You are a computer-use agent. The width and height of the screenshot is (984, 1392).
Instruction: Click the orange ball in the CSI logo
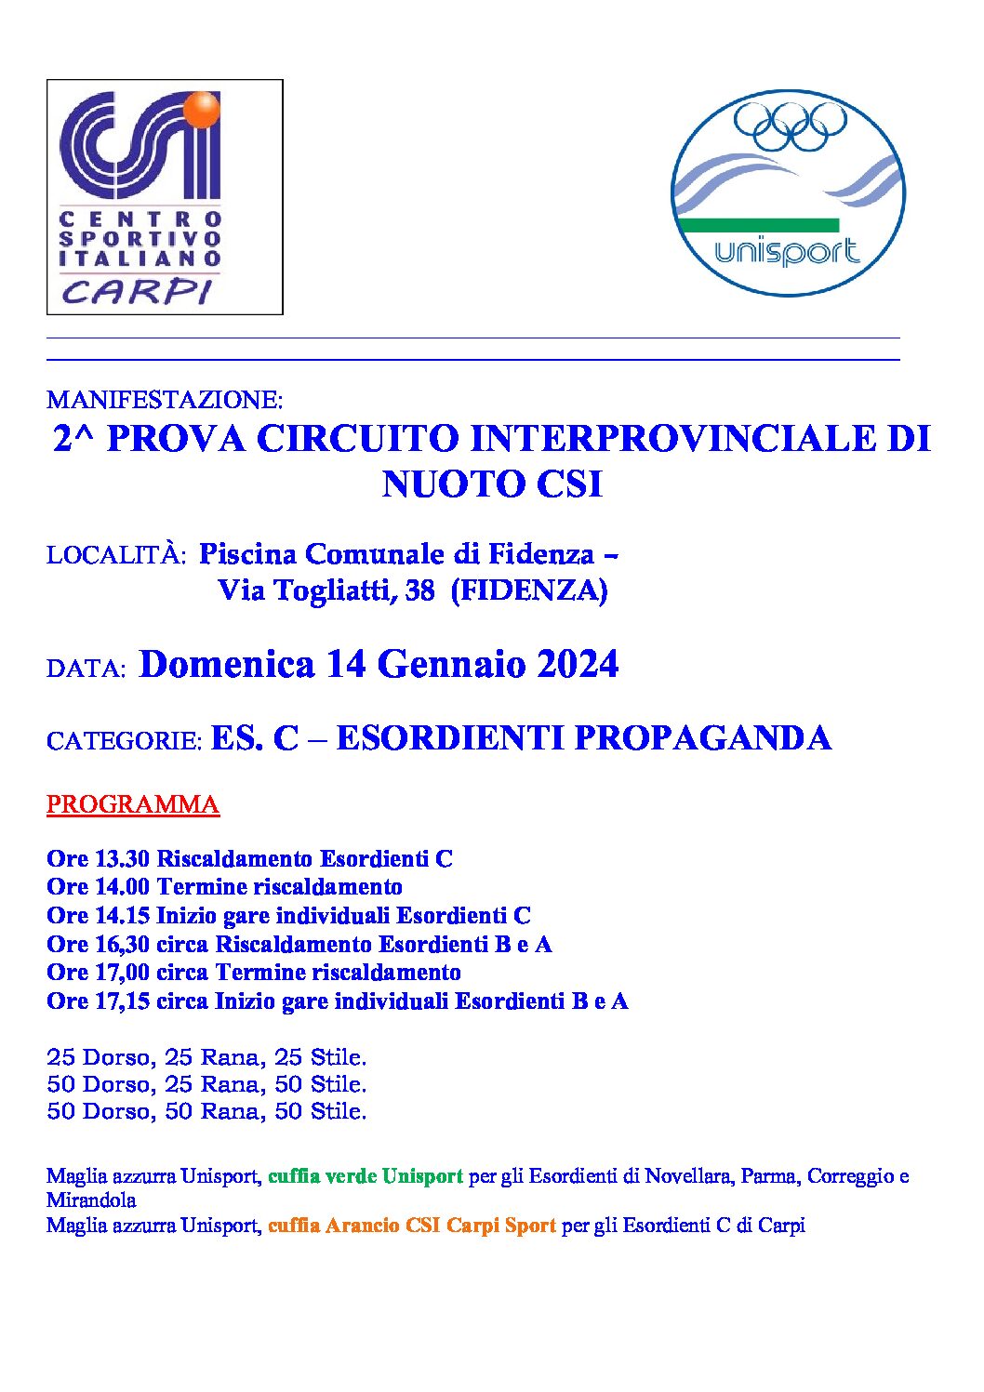coord(202,109)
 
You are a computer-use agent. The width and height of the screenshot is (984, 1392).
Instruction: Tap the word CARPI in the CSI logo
coord(137,291)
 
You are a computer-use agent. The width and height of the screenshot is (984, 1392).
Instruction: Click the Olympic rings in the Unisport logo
coord(791,126)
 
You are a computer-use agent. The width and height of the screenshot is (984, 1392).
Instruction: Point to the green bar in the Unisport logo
coord(759,225)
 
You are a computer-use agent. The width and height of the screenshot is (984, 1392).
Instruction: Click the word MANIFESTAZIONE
coord(165,400)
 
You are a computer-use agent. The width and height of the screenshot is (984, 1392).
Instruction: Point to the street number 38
coord(419,590)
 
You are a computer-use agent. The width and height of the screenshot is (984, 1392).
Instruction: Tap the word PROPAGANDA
coord(702,738)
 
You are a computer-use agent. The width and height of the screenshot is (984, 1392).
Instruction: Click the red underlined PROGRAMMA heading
coord(133,804)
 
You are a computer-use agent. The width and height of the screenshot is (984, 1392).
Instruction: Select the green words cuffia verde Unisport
coord(366,1176)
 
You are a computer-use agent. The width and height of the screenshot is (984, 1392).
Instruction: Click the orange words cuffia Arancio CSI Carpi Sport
coord(412,1226)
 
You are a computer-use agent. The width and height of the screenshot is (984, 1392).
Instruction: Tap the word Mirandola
coord(91,1200)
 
